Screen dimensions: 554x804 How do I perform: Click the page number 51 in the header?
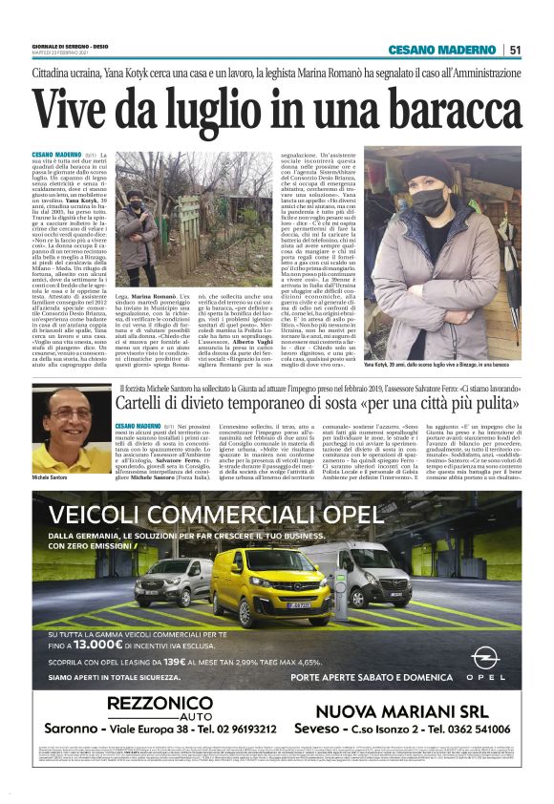click(x=514, y=50)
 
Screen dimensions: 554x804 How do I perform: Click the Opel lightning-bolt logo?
click(x=486, y=658)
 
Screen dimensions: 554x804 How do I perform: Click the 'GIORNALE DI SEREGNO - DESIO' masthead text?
click(x=67, y=44)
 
